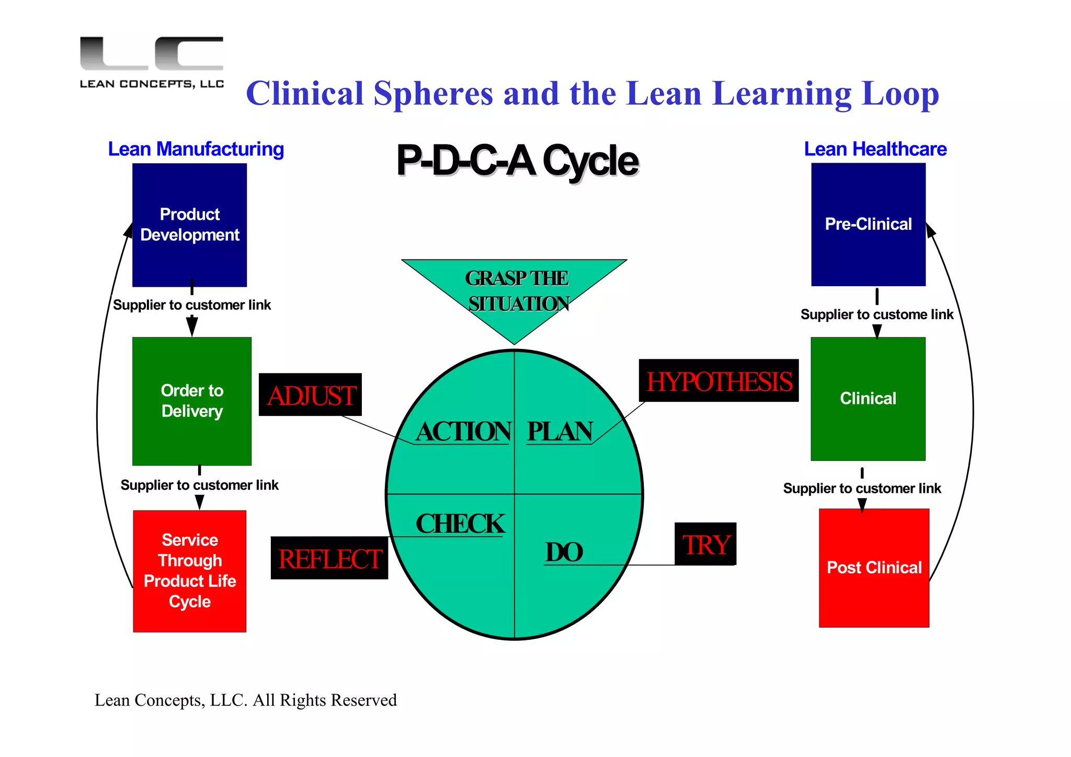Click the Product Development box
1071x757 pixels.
[189, 225]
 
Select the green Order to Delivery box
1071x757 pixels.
[192, 401]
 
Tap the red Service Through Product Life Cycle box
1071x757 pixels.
[189, 571]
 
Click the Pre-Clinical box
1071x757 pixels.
[868, 224]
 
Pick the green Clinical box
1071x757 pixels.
[868, 399]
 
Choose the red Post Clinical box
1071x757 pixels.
[874, 568]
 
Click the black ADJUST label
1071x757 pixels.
[311, 395]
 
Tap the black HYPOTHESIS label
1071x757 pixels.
[719, 381]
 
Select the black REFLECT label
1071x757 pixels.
[329, 558]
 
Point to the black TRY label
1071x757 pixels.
[705, 544]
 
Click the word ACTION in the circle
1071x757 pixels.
[463, 432]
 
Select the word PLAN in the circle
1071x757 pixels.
[560, 432]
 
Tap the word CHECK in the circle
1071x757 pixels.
[460, 524]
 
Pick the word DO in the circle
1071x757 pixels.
[564, 552]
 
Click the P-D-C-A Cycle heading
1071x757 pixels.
[517, 161]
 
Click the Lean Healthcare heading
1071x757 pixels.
[875, 149]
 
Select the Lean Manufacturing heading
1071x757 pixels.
[196, 149]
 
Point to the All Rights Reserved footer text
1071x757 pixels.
[246, 700]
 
